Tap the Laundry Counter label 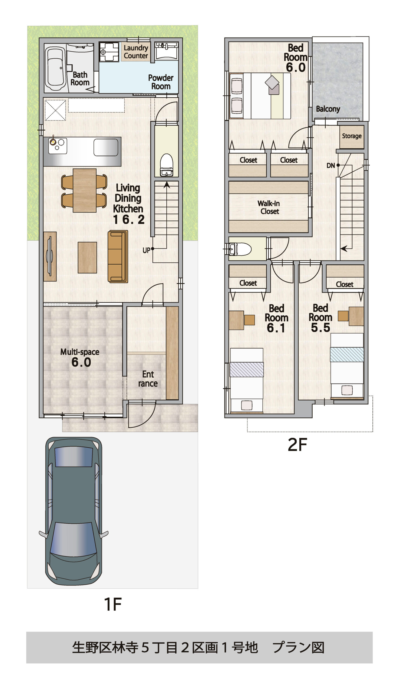[136, 52]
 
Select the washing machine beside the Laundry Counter [109, 52]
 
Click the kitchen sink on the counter [106, 147]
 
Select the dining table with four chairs [85, 190]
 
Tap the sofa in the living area [118, 256]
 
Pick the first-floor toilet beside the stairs [166, 165]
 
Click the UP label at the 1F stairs [146, 250]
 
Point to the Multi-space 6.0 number [81, 362]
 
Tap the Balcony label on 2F [328, 109]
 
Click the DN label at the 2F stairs [330, 165]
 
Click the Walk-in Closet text [269, 207]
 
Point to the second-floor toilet [240, 249]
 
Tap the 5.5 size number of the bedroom [320, 328]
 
